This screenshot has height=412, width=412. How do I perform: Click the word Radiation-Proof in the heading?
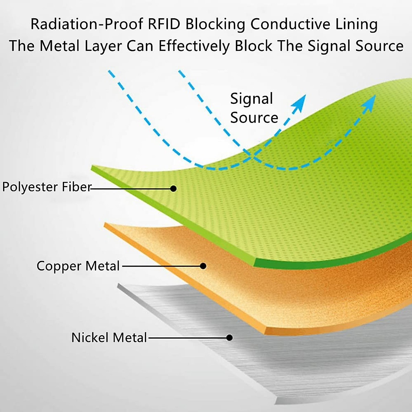point(87,24)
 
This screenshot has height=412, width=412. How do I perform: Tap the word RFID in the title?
point(164,24)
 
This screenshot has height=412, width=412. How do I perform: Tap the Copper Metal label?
point(78,266)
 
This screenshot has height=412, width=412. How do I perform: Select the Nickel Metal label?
point(109,338)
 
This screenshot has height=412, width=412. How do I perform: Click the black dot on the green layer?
point(173,188)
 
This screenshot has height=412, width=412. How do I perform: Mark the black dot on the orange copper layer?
point(203,266)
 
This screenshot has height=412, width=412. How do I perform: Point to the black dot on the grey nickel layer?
point(229,338)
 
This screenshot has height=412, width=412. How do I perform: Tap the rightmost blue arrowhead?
point(369,103)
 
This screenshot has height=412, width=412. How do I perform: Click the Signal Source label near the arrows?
point(254,108)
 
